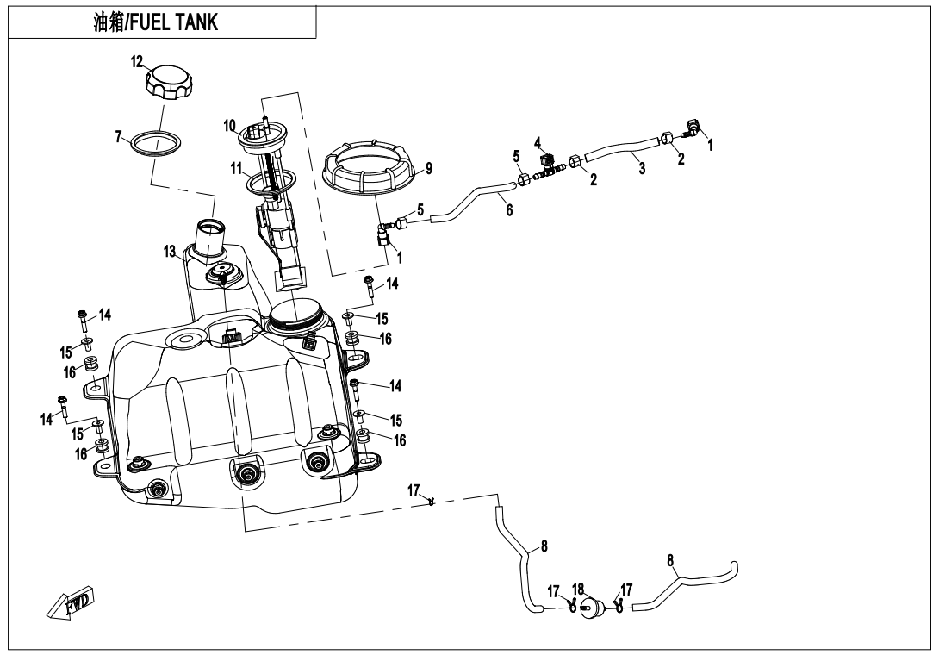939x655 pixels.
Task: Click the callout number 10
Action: tap(230, 126)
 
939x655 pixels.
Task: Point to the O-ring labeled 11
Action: tap(269, 183)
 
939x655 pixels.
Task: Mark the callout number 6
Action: tap(509, 209)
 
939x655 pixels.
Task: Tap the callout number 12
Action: tap(137, 61)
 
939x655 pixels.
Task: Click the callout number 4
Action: tap(537, 141)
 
